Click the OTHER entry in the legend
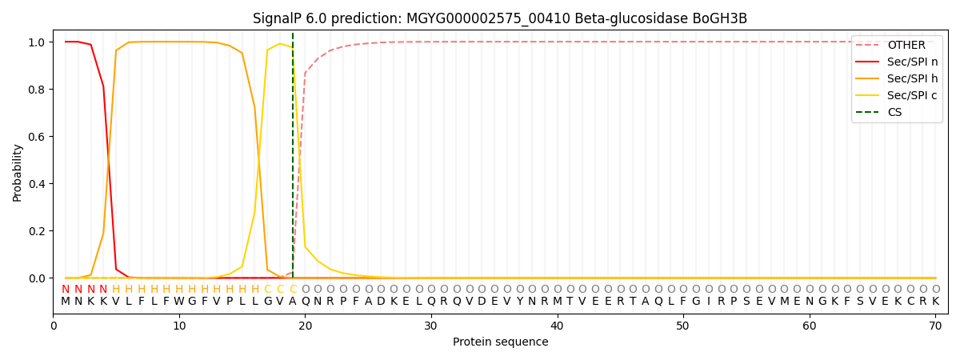(x=906, y=45)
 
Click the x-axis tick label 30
(x=431, y=326)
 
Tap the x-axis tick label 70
(x=935, y=326)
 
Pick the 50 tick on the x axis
(x=683, y=326)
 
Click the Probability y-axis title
(x=18, y=172)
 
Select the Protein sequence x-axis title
(x=500, y=342)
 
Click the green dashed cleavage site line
(x=293, y=160)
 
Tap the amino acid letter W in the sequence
(x=179, y=302)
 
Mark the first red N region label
(x=66, y=289)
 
